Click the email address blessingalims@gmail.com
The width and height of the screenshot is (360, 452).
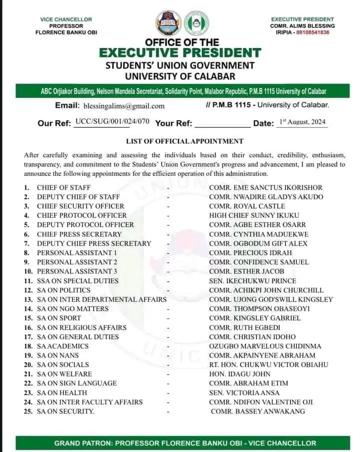(123, 106)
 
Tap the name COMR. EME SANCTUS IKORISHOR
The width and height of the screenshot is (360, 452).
(265, 188)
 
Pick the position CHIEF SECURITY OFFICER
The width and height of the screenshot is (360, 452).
(80, 206)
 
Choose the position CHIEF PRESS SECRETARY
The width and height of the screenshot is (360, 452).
(79, 234)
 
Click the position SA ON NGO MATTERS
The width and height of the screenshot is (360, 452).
(72, 309)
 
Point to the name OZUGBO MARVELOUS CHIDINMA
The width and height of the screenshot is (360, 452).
(265, 346)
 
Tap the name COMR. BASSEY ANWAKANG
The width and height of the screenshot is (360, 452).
(257, 412)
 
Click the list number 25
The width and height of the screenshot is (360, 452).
(28, 412)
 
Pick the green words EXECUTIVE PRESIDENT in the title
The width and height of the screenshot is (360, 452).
(180, 52)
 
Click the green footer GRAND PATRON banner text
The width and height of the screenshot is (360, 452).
(185, 443)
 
